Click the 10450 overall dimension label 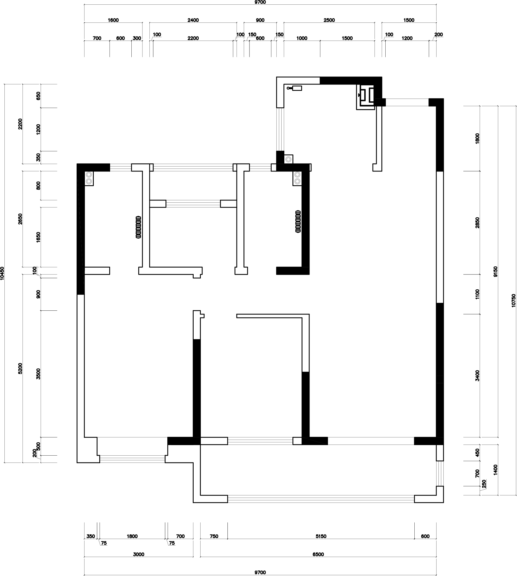point(2,273)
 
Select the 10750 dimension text point(514,300)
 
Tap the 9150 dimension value point(496,272)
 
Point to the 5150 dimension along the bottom point(321,536)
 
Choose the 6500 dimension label point(318,554)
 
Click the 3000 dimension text point(139,554)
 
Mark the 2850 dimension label point(477,223)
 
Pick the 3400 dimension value point(477,376)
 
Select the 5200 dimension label point(20,368)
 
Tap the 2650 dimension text point(20,219)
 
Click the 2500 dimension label point(329,20)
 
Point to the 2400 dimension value point(193,20)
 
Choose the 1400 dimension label point(496,470)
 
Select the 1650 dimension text point(38,237)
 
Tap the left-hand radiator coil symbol point(139,227)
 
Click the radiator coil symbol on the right point(298,221)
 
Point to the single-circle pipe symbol point(289,159)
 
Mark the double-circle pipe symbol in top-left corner point(89,178)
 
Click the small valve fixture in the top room point(294,88)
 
